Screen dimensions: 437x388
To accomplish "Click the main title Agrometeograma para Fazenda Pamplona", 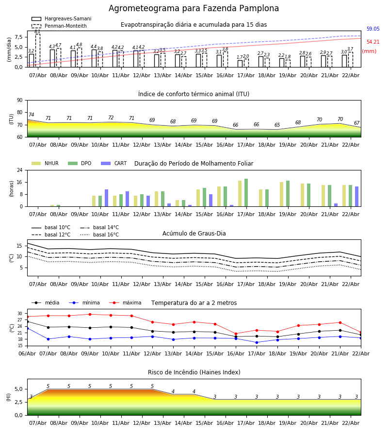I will tap(194, 9).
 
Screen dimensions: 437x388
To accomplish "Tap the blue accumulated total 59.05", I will tap(372, 29).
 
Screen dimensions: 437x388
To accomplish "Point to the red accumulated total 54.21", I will tap(372, 42).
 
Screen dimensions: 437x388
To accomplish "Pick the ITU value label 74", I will tap(32, 115).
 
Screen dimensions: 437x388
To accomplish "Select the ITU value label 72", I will tap(111, 118).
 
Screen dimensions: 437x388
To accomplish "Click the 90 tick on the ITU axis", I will tap(19, 101).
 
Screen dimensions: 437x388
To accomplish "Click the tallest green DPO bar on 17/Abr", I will tap(246, 193).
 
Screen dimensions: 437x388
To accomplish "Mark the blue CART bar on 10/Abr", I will tap(107, 198).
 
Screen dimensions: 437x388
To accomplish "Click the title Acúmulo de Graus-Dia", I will tap(194, 234).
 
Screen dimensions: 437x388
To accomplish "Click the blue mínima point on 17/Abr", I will tap(257, 342).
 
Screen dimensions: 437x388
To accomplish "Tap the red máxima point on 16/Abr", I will tap(236, 334).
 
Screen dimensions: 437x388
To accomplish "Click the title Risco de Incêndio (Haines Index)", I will tap(194, 372).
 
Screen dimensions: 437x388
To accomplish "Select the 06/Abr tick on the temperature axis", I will tap(27, 353).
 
